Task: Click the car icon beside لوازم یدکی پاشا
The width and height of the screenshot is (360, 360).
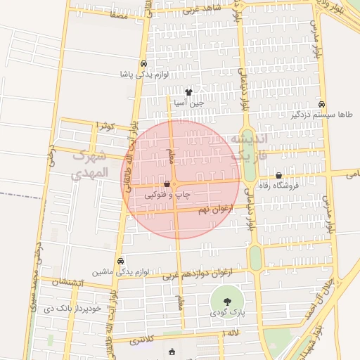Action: click(x=144, y=62)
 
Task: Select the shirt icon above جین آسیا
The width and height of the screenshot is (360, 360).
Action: click(x=188, y=92)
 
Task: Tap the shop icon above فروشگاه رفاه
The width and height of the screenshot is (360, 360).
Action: click(x=279, y=175)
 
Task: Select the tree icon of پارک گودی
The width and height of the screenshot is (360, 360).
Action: click(x=226, y=302)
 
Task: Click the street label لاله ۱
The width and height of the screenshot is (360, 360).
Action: click(x=231, y=333)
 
